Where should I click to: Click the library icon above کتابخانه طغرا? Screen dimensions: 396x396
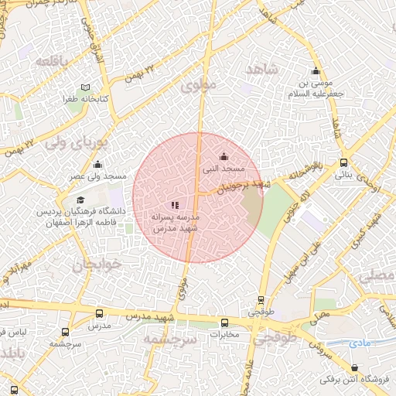[85, 87]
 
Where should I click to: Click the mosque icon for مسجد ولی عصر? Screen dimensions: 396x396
[98, 164]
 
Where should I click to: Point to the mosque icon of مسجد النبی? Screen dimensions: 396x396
[224, 156]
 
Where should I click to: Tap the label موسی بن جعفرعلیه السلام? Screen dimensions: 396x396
[315, 87]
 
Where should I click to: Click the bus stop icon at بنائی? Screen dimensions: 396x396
[343, 162]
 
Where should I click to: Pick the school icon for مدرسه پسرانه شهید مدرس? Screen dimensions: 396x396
[175, 205]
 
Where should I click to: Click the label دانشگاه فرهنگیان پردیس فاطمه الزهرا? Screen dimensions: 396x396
[80, 215]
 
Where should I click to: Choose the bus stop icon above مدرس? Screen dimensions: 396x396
[99, 313]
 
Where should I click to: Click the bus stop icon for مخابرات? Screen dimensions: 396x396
[224, 323]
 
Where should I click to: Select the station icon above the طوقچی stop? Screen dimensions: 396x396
[261, 300]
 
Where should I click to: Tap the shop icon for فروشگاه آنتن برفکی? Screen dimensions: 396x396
[355, 368]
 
